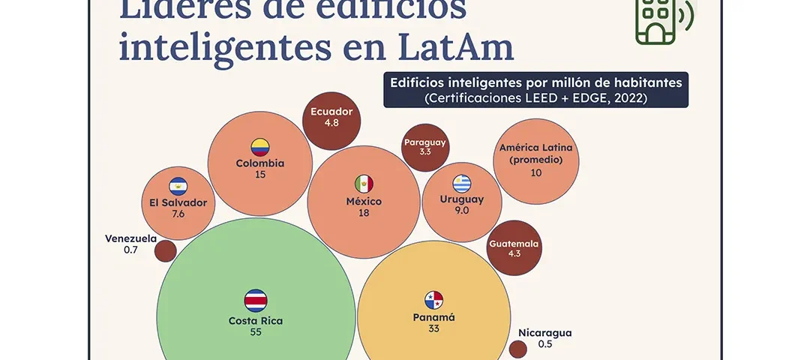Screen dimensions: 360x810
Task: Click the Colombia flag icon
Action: click(260, 147)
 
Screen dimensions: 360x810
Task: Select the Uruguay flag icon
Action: click(462, 183)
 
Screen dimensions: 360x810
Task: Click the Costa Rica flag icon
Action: click(256, 301)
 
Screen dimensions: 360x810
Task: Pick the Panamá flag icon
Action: click(434, 300)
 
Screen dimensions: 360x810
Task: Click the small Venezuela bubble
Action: click(165, 250)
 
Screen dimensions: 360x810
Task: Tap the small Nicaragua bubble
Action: click(517, 349)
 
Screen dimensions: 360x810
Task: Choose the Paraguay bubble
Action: click(425, 148)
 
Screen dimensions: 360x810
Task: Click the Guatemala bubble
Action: click(514, 248)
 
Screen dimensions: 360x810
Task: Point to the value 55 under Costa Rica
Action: click(256, 332)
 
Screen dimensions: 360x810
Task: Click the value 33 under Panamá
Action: click(433, 328)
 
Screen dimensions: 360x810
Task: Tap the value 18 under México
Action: click(364, 213)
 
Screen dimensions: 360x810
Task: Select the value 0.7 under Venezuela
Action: click(130, 250)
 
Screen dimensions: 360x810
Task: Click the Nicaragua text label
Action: click(545, 333)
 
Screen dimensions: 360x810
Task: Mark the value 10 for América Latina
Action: click(536, 172)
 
